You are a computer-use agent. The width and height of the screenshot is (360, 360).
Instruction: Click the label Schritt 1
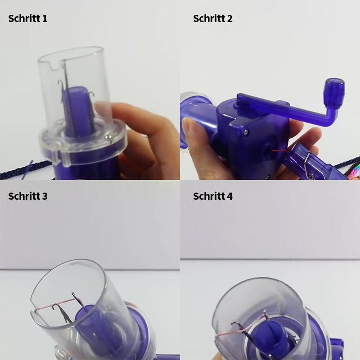(x=27, y=19)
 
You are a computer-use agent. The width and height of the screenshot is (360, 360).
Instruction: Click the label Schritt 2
(x=213, y=19)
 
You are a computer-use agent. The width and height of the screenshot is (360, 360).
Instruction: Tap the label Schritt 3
(x=27, y=197)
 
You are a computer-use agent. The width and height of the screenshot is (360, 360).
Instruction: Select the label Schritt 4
(x=213, y=197)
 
